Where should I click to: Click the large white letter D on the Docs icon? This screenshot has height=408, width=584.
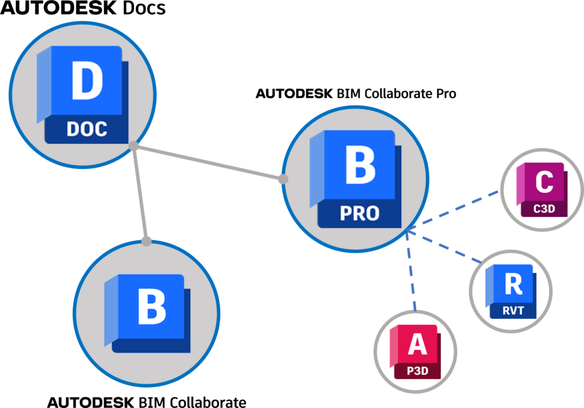pyautogui.click(x=87, y=80)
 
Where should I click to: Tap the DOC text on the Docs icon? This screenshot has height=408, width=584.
pyautogui.click(x=87, y=130)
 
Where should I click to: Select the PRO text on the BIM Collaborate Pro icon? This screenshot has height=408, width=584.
pyautogui.click(x=359, y=213)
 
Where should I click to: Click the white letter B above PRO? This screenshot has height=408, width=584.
pyautogui.click(x=360, y=164)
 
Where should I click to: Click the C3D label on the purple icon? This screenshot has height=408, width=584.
pyautogui.click(x=544, y=209)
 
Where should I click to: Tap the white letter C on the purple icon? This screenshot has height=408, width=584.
pyautogui.click(x=544, y=182)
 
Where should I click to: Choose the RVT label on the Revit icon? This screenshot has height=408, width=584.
pyautogui.click(x=513, y=310)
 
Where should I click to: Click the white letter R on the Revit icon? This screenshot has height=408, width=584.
pyautogui.click(x=514, y=284)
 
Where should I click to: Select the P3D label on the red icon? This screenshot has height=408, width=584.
pyautogui.click(x=417, y=371)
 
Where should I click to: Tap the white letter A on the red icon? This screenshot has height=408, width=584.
pyautogui.click(x=417, y=344)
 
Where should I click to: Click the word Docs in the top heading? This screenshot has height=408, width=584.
pyautogui.click(x=144, y=8)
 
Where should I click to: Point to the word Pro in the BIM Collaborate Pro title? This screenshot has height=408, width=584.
pyautogui.click(x=446, y=94)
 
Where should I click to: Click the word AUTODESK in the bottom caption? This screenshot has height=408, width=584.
pyautogui.click(x=91, y=402)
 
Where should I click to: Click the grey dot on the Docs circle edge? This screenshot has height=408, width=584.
pyautogui.click(x=133, y=146)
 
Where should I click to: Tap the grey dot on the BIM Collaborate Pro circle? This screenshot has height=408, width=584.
pyautogui.click(x=283, y=179)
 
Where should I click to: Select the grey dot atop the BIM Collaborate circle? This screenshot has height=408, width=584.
pyautogui.click(x=147, y=241)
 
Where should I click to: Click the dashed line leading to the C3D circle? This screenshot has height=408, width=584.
pyautogui.click(x=453, y=211)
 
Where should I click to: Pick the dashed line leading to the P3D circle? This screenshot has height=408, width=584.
pyautogui.click(x=411, y=271)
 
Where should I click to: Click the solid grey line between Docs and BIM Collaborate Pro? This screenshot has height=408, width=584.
pyautogui.click(x=208, y=163)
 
